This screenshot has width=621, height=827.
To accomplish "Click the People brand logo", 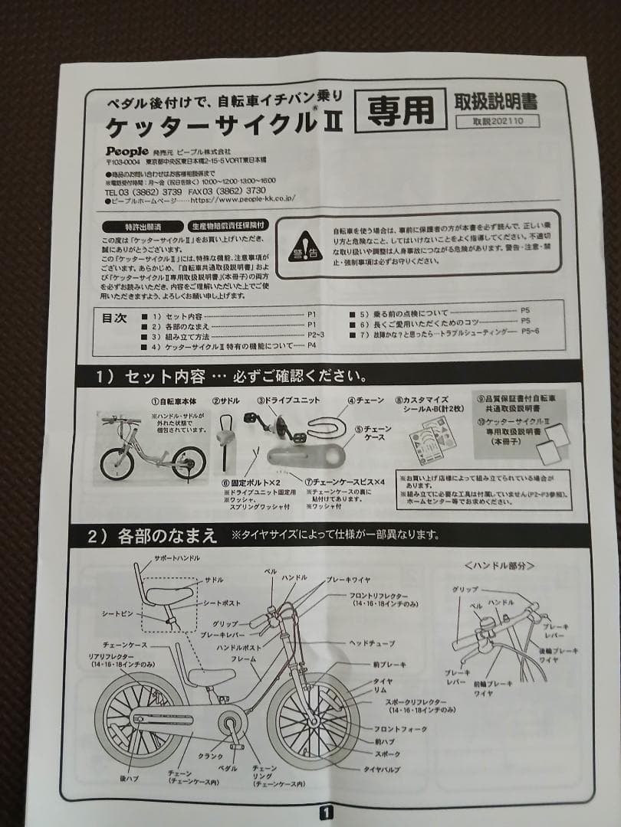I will [x=126, y=151].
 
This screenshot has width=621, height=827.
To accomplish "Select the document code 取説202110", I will [x=497, y=121].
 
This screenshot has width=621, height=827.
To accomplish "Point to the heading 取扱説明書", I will [x=497, y=101].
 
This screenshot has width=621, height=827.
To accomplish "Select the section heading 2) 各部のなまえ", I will [x=153, y=535].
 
